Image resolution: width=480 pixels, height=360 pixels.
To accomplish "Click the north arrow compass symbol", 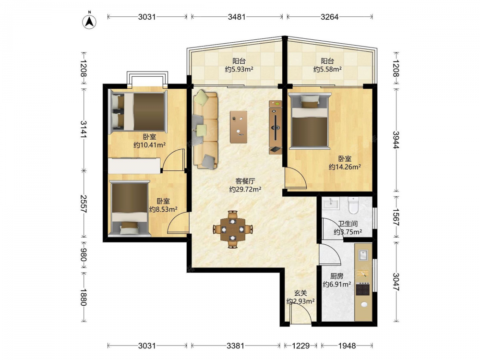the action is [x=90, y=21].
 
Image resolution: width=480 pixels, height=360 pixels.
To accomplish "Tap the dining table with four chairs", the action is [x=233, y=229].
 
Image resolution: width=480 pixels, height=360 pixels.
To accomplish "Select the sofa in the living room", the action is [x=205, y=129].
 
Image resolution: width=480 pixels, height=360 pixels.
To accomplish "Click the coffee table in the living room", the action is [x=239, y=127].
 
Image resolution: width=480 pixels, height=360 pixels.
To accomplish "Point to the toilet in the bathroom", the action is [x=353, y=205].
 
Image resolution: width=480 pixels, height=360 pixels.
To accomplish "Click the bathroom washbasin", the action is [x=330, y=203].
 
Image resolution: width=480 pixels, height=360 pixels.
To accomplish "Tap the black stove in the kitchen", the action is [x=363, y=288].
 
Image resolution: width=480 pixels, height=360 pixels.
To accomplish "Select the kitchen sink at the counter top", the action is [x=363, y=255].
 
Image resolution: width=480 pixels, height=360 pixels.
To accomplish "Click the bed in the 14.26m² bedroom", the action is [x=310, y=121].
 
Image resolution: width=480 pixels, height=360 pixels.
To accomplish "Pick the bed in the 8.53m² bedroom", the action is [x=130, y=208].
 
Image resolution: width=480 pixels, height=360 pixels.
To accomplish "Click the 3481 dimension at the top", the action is [x=237, y=17].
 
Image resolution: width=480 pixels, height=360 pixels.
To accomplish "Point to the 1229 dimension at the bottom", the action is [x=300, y=346].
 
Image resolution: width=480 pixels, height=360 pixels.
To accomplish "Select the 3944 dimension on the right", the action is [x=396, y=140].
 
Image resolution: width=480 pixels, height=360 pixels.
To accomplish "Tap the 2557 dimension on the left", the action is [x=84, y=204].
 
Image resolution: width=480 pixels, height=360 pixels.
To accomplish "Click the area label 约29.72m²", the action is [x=245, y=190].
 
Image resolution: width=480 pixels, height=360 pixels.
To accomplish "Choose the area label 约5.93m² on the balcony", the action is [x=239, y=69].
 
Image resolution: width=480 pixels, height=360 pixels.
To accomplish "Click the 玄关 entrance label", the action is [x=300, y=293].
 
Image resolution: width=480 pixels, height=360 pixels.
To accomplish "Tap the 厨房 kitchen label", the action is [x=337, y=276].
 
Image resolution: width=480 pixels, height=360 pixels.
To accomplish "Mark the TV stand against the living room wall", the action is [x=276, y=127].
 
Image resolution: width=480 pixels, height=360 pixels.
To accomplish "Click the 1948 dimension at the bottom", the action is [x=347, y=346].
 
